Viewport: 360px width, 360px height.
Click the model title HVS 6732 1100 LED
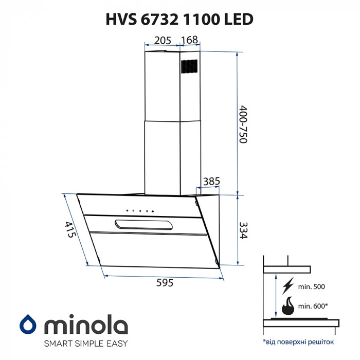[179, 20]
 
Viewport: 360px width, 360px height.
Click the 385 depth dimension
[212, 181]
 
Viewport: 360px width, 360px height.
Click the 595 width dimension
[164, 283]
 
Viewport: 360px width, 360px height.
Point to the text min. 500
[312, 286]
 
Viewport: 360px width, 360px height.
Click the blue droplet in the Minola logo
[27, 325]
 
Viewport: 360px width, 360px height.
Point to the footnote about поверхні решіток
[298, 341]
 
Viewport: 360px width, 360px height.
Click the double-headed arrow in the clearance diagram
[277, 295]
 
